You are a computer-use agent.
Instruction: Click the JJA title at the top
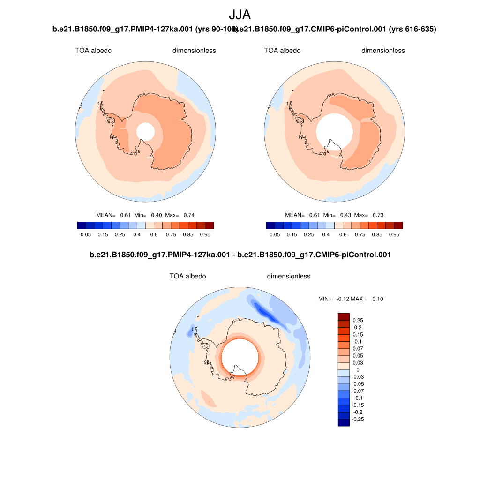point(240,15)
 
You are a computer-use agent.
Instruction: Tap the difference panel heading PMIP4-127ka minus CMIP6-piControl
point(240,255)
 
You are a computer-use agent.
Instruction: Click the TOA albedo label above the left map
point(93,51)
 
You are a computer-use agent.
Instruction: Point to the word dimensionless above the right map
point(383,51)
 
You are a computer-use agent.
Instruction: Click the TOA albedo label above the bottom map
point(187,276)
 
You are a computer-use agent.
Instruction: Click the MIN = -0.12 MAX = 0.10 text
point(351,299)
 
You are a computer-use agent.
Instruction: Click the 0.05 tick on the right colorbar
point(275,233)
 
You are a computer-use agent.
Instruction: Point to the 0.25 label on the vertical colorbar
point(358,320)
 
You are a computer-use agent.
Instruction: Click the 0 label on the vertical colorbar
point(358,369)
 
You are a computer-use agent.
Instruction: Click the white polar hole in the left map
point(145,132)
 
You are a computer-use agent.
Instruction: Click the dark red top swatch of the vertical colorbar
point(344,317)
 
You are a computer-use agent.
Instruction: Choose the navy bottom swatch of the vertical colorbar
point(344,422)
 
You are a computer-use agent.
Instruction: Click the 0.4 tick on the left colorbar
point(137,233)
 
